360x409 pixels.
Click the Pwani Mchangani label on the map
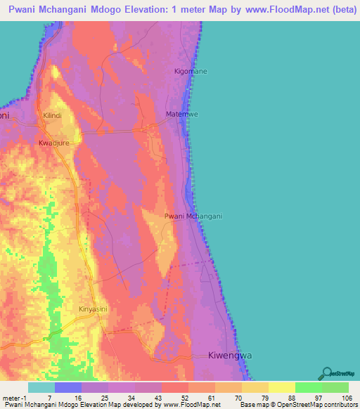tap(193, 216)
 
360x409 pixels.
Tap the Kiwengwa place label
tap(230, 356)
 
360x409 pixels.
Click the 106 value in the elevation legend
tap(347, 397)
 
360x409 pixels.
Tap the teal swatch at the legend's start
tap(41, 387)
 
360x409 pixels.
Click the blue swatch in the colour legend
tap(67, 387)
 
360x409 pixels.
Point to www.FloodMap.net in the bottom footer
tap(191, 405)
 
